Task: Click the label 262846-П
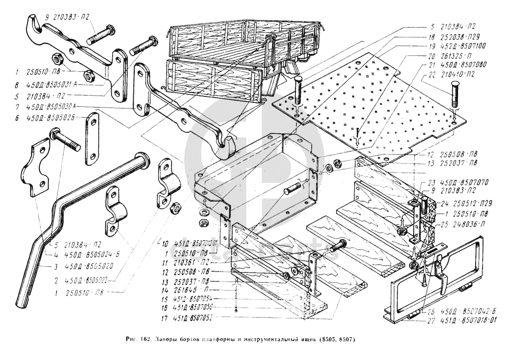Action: coord(195,289)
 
